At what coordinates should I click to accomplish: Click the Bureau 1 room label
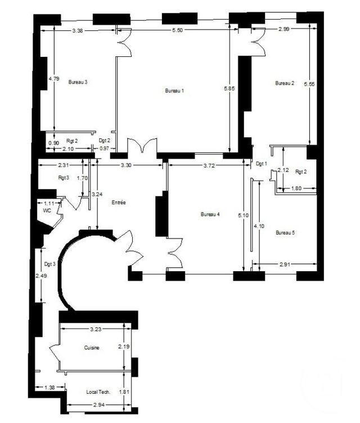174,91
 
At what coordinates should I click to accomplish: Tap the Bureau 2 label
284,83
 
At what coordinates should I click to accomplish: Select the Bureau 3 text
78,82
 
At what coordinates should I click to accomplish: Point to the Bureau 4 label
210,214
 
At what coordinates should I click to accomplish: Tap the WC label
47,210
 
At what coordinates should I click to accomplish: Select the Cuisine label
91,348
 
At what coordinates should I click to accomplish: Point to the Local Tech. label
98,391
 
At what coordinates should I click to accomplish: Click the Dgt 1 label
260,164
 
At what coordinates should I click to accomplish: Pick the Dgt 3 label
49,264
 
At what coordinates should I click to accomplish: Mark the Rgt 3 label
63,178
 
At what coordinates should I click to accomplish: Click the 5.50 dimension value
177,30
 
